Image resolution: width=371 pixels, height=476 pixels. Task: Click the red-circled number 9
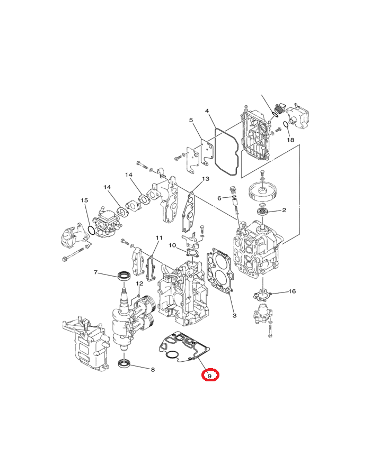pos(209,376)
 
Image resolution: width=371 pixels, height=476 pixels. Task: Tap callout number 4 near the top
pos(207,111)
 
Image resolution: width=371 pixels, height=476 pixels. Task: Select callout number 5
pos(191,120)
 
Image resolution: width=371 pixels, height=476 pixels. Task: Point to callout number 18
pos(290,140)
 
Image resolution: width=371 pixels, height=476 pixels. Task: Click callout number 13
pos(206,179)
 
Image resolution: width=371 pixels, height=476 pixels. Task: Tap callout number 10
pos(172,245)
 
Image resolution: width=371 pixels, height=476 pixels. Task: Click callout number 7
pos(95,272)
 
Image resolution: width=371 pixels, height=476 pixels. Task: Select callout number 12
pos(139,283)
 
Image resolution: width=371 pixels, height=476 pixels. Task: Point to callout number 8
pos(153,370)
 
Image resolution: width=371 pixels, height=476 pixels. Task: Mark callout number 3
pos(234,316)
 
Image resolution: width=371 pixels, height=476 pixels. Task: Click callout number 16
pos(292,291)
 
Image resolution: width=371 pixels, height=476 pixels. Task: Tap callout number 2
pos(284,210)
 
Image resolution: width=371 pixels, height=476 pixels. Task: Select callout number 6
pos(219,198)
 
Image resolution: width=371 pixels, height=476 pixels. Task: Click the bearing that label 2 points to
pos(262,212)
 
